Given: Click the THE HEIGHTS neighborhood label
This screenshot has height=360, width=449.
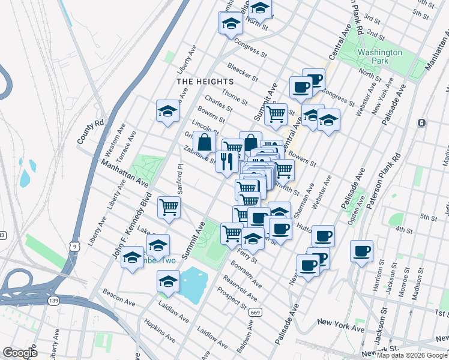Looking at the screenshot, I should (204, 81).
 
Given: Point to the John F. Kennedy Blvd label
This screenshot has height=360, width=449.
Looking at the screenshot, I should (130, 229).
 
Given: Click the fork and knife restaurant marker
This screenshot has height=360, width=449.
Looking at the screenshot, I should (226, 162).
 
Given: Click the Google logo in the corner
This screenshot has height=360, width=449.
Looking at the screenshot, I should (20, 353).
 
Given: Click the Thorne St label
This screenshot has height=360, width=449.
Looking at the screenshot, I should (234, 94).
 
